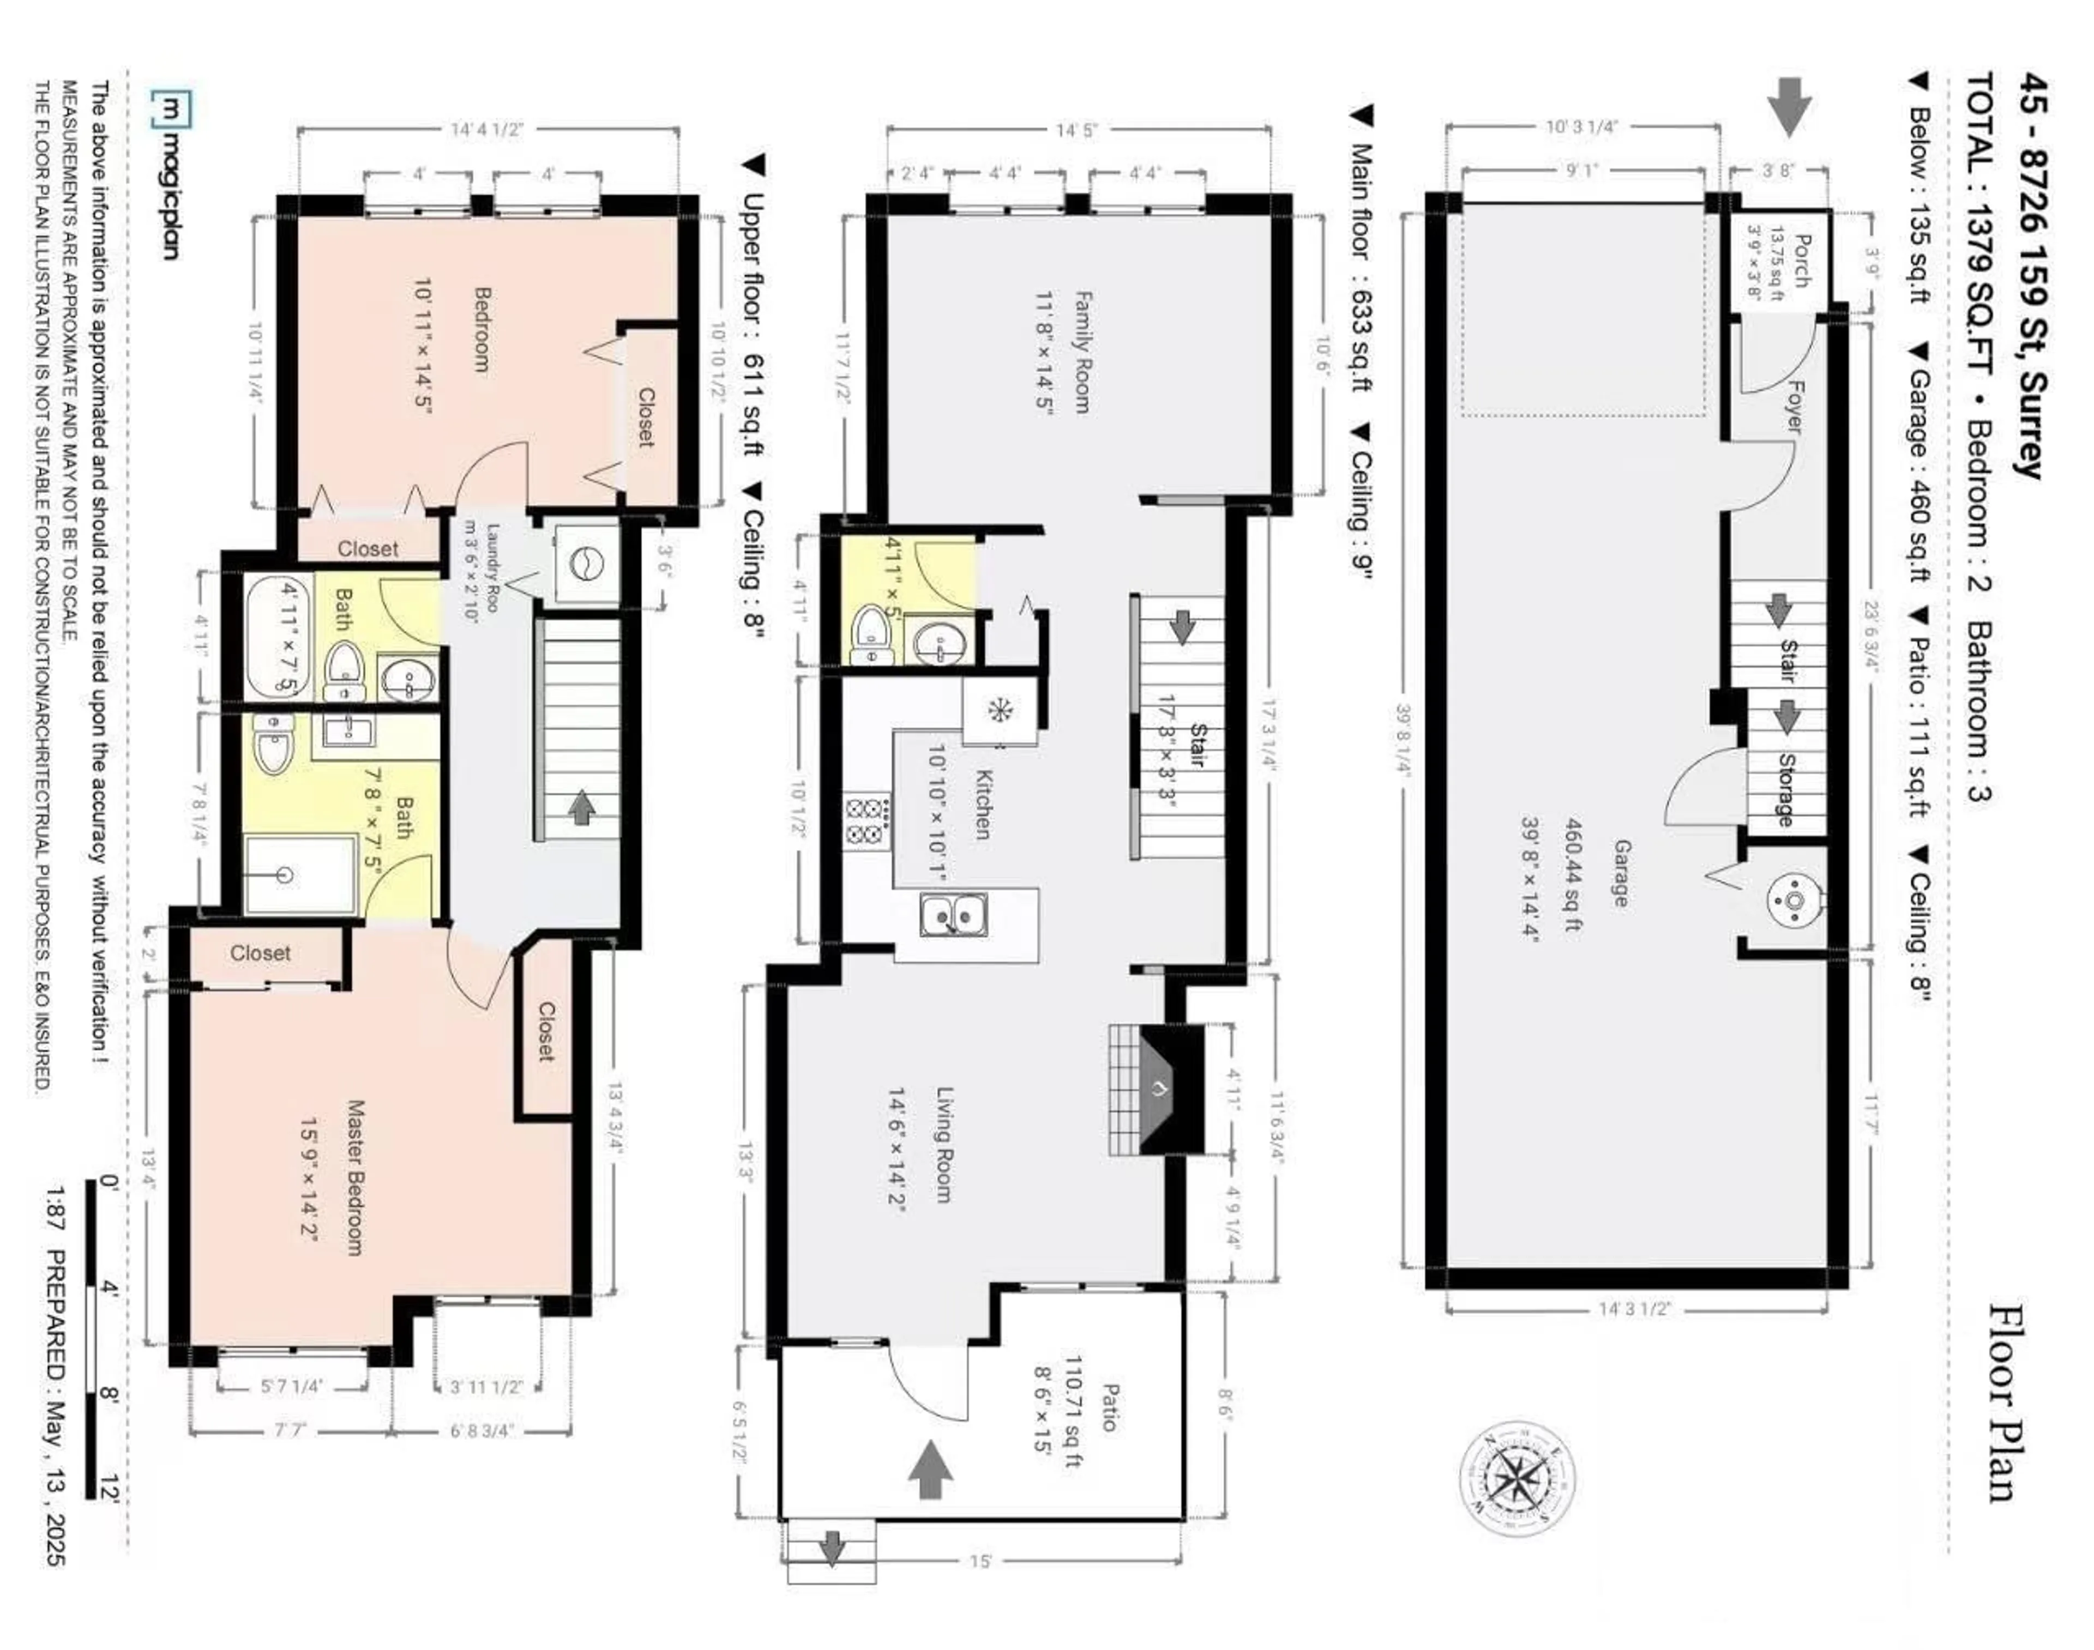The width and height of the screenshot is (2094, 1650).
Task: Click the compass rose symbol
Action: tap(1517, 1479)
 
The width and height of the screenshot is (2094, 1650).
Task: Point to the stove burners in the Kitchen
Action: tap(867, 820)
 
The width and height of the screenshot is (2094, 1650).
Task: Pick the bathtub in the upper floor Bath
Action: tap(278, 636)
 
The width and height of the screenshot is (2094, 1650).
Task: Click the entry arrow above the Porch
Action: tap(1789, 107)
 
